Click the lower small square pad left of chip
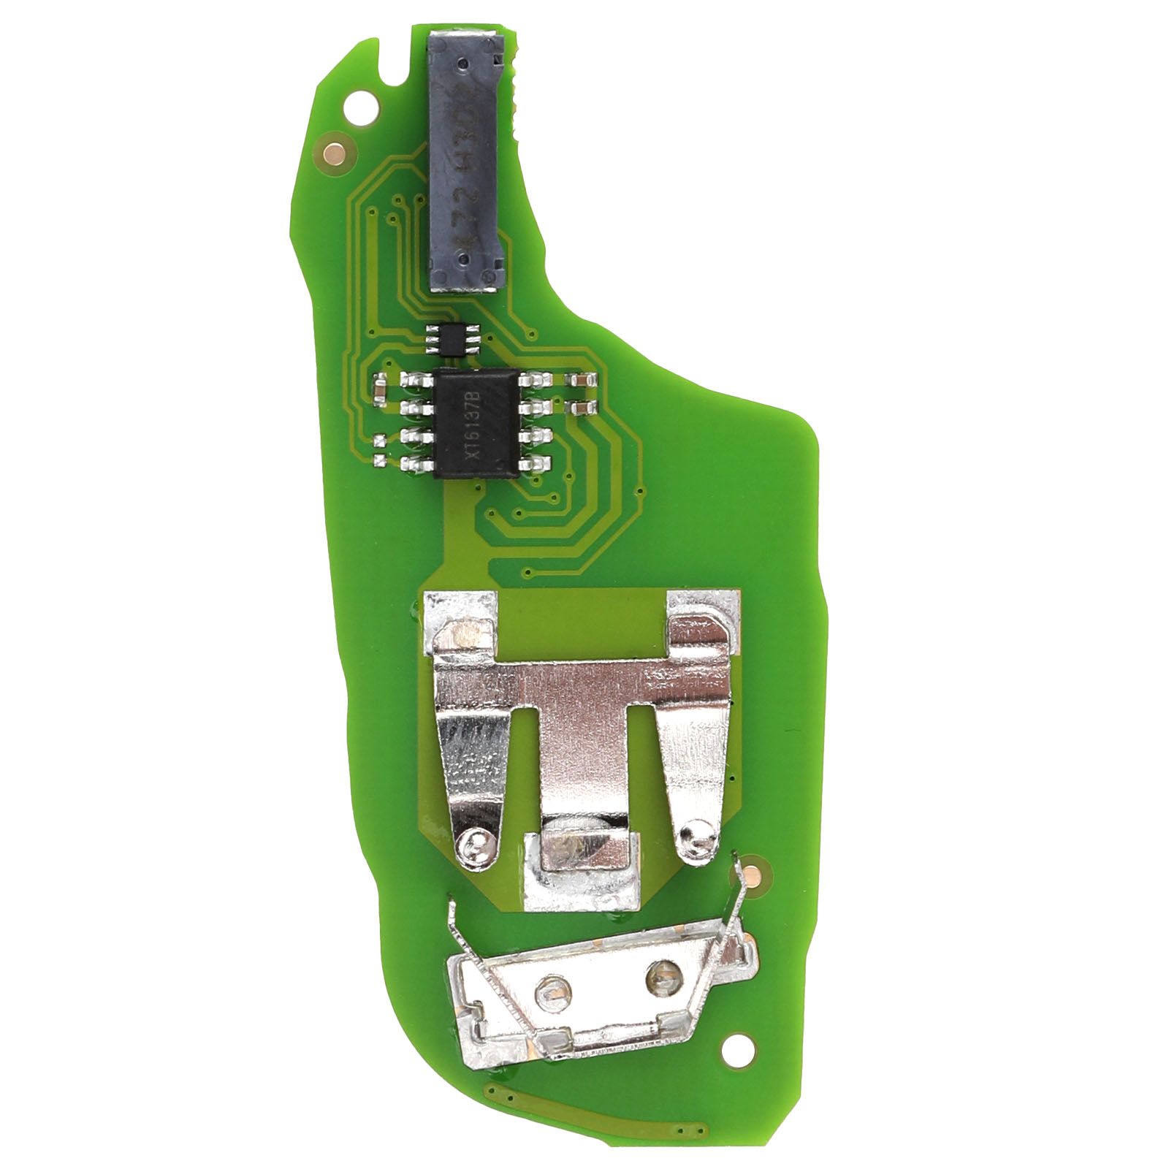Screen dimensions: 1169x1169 (x=380, y=461)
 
